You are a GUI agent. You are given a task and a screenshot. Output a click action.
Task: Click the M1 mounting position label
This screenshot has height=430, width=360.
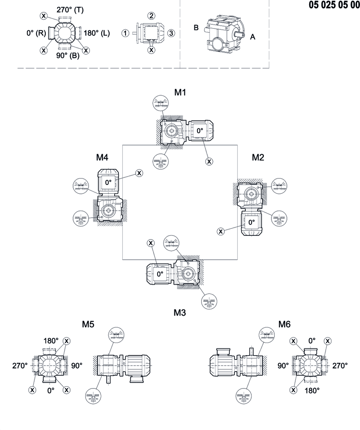pyautogui.click(x=180, y=92)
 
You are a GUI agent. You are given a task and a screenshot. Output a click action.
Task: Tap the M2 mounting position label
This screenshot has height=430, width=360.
pyautogui.click(x=258, y=157)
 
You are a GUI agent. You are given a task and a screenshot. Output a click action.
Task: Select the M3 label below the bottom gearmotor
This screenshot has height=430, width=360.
pyautogui.click(x=180, y=312)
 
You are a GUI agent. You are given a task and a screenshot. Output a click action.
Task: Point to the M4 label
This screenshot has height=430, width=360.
pyautogui.click(x=102, y=157)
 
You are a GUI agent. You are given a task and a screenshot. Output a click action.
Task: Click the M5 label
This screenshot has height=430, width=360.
pyautogui.click(x=88, y=324)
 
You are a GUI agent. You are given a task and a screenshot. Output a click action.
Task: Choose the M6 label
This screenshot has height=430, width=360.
pyautogui.click(x=284, y=324)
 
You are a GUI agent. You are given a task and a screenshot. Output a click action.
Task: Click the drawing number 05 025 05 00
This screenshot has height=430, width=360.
pyautogui.click(x=334, y=5)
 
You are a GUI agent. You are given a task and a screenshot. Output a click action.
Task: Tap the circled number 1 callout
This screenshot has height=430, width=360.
pyautogui.click(x=125, y=33)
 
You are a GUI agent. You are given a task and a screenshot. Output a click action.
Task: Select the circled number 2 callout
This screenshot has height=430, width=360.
pyautogui.click(x=152, y=16)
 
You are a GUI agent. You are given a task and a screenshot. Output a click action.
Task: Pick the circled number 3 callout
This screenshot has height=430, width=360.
pyautogui.click(x=171, y=33)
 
